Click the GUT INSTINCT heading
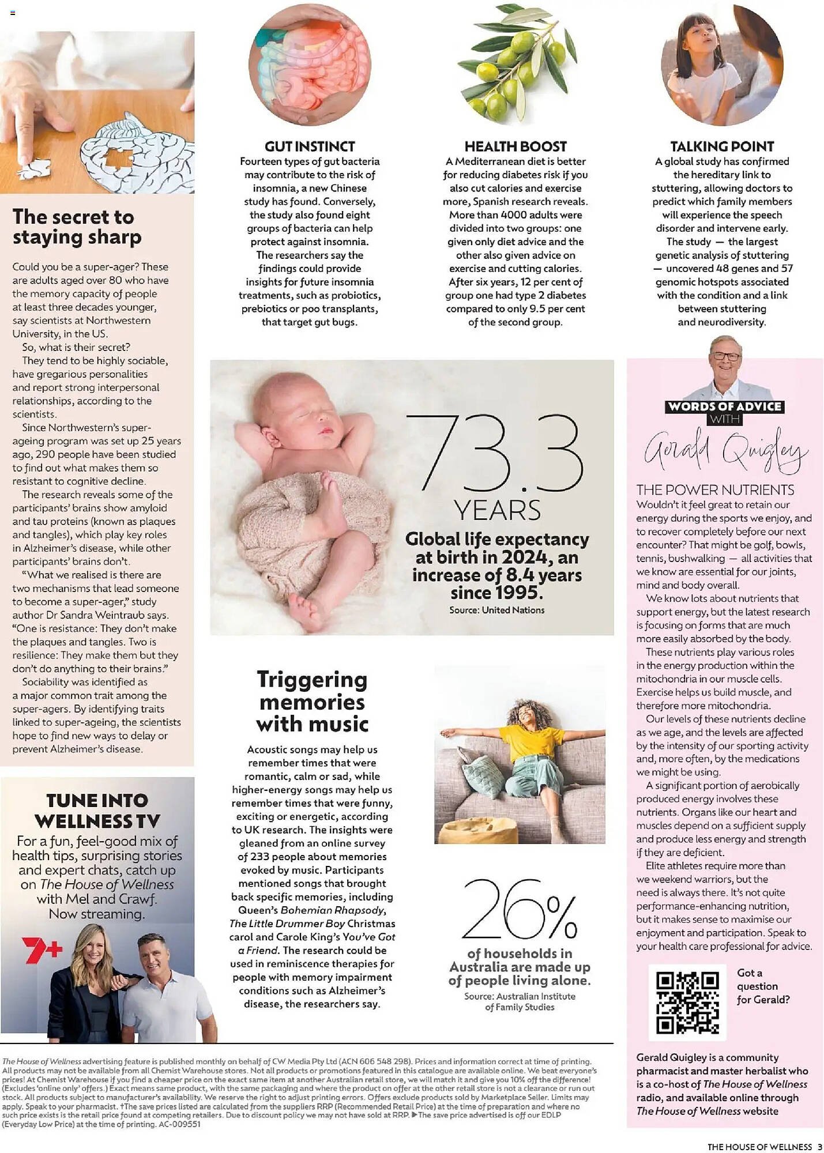(x=310, y=146)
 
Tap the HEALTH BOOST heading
(x=516, y=146)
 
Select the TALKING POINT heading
(x=722, y=146)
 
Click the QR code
(x=687, y=1003)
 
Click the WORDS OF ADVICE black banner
(x=725, y=406)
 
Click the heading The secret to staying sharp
(x=77, y=227)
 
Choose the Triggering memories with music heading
(x=312, y=701)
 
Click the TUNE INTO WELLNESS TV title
(x=97, y=811)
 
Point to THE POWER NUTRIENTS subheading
(x=715, y=490)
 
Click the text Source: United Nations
(x=496, y=610)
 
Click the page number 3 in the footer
(x=819, y=1147)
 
